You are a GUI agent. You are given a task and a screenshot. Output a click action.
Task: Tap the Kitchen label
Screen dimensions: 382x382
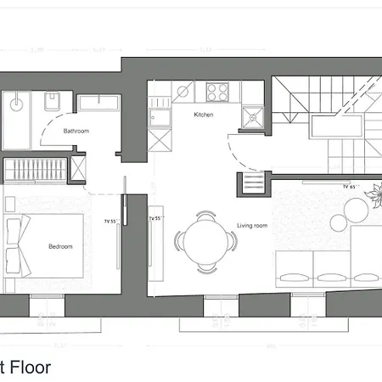point(203,115)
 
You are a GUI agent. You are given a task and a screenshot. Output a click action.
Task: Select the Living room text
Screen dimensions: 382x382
point(252,226)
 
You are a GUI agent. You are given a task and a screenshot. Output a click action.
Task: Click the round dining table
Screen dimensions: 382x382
point(204,242)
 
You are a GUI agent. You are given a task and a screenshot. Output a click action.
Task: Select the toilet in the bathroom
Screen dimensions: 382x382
point(52,101)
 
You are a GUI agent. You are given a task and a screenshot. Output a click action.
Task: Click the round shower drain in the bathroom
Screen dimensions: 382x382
point(16,107)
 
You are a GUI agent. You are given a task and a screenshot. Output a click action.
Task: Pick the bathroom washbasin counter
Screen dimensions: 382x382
point(100,104)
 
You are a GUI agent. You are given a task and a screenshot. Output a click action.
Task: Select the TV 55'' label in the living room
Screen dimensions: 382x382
point(154,218)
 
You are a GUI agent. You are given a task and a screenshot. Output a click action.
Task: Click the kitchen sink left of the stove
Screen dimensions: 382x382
point(184,90)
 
